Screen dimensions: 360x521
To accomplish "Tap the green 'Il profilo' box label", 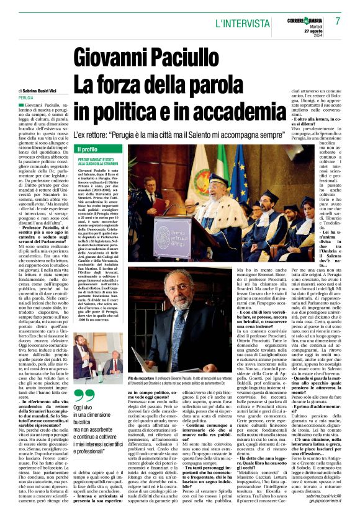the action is coord(88,149).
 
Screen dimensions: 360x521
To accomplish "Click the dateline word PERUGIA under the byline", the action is coord(26,98).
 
